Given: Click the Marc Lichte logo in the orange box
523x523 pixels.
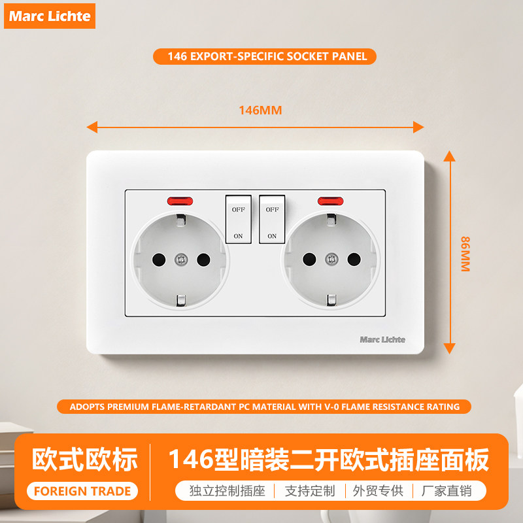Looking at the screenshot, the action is [x=50, y=16].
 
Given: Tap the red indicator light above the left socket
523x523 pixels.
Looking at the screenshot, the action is [x=180, y=201].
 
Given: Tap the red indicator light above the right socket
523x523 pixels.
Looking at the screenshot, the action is [x=330, y=201].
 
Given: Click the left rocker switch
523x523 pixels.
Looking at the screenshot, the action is [x=239, y=219].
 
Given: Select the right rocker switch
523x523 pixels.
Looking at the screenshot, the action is [x=272, y=219].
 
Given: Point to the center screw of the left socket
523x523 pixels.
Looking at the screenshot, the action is [x=181, y=259].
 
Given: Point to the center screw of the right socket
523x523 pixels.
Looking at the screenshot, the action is [x=331, y=259].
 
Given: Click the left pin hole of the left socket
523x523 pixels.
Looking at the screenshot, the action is [x=159, y=260].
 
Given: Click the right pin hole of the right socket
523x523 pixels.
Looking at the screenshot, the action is [x=354, y=259].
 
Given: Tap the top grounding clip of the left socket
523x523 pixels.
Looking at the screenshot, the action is [x=181, y=220].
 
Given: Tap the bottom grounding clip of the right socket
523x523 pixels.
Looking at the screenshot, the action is [x=331, y=300].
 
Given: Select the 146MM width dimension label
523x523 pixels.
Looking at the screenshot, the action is [x=260, y=110].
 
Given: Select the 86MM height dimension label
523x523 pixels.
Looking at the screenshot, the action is [x=465, y=254].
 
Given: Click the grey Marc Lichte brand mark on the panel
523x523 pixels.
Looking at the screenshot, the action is [x=382, y=339].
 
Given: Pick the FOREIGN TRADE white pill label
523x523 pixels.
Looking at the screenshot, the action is [x=82, y=491].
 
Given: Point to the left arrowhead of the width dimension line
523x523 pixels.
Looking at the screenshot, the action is [x=92, y=127].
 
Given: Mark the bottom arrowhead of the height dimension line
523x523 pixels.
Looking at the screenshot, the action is [x=449, y=348].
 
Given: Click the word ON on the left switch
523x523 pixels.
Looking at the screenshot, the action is [x=238, y=236].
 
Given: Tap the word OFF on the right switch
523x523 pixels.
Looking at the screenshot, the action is [x=272, y=209].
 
